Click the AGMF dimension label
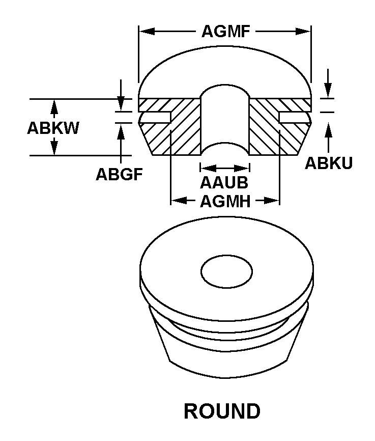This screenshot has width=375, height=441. point(226,31)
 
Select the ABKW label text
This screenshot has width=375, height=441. point(53,128)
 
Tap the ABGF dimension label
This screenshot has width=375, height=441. point(120,174)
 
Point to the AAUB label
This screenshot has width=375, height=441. point(224,182)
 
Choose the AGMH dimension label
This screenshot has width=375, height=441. point(225,201)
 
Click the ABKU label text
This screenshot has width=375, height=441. point(329,163)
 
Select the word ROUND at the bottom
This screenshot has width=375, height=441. point(222,411)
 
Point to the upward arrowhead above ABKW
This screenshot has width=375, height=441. point(54,106)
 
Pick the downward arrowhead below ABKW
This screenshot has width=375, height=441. point(54,148)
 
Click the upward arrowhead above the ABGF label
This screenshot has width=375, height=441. point(121,131)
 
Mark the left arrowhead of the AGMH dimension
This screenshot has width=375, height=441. point(179,201)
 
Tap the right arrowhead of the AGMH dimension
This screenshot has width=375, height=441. point(272,201)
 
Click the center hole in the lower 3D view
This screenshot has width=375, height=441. point(226,272)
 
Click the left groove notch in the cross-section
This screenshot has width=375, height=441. point(156,118)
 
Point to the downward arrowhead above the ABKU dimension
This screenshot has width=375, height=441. point(328,91)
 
